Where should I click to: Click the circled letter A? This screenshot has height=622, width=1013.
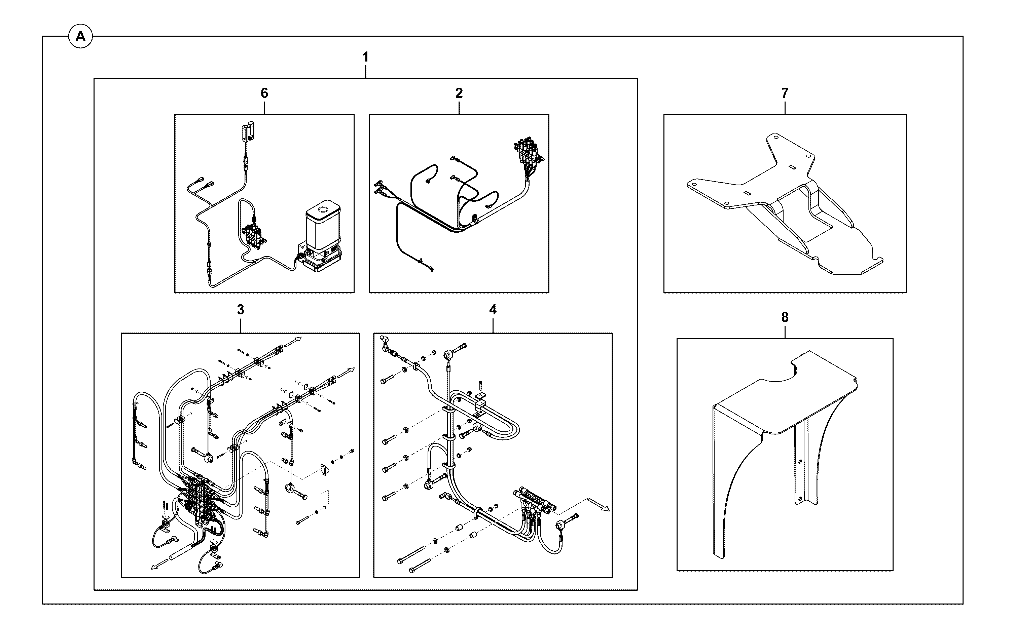pos(81,37)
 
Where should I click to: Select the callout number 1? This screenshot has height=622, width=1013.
pos(365,57)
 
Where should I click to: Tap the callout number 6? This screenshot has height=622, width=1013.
pos(264,93)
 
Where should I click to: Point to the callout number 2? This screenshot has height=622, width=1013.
pos(459,93)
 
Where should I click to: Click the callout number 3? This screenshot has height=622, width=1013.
pos(241,309)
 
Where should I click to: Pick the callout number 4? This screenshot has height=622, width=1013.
pos(493,309)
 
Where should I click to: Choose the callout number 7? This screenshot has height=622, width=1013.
pos(785,93)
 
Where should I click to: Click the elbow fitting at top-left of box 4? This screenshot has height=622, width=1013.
pos(386,342)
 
